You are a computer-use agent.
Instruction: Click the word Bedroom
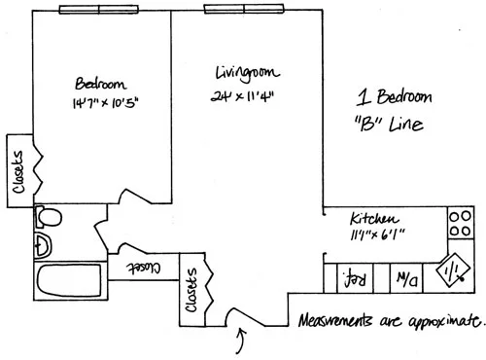coord(98,83)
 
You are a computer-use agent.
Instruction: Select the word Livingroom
coord(247,73)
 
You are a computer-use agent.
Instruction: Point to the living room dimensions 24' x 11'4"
coord(246,96)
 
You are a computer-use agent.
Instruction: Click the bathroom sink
coord(43,242)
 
